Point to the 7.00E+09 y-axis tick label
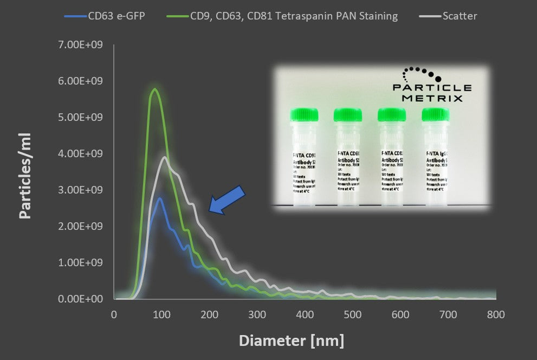(80, 44)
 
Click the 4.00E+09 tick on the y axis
(80, 153)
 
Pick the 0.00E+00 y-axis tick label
(80, 299)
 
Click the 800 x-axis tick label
(496, 314)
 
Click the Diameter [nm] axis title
(292, 340)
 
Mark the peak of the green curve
(155, 89)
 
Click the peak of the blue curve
(159, 198)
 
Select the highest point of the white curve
(164, 158)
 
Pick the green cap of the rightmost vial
(435, 114)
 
